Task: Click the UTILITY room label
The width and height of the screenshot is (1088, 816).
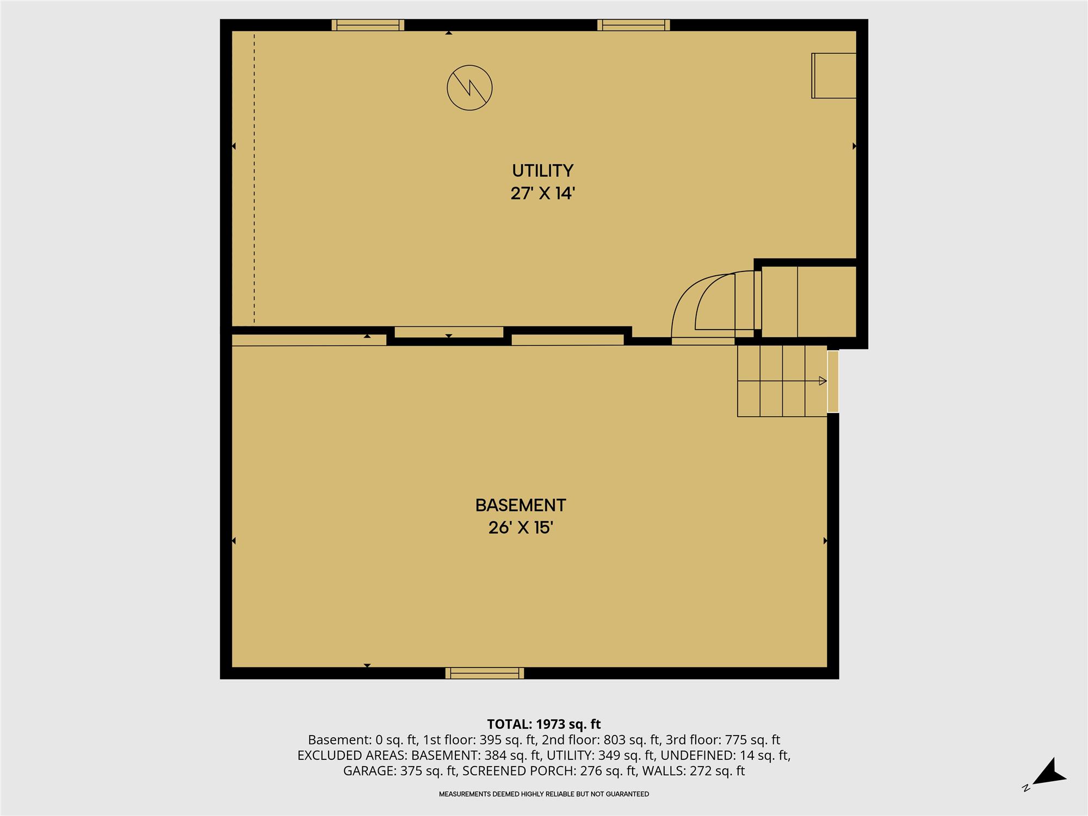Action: pyautogui.click(x=542, y=171)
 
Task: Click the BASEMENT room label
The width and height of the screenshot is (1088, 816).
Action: pyautogui.click(x=521, y=505)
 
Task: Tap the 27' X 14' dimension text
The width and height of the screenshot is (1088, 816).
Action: pyautogui.click(x=542, y=193)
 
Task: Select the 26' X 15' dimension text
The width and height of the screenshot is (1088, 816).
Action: pyautogui.click(x=521, y=528)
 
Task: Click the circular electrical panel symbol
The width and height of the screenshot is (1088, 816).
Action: pyautogui.click(x=469, y=88)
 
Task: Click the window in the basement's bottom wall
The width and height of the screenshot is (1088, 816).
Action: pyautogui.click(x=485, y=673)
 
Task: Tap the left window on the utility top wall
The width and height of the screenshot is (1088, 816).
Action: pyautogui.click(x=368, y=25)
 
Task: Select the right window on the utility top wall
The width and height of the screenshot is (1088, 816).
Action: pyautogui.click(x=634, y=25)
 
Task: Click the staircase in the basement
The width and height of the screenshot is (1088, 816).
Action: pyautogui.click(x=782, y=381)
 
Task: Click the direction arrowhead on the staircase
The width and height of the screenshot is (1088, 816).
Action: pyautogui.click(x=823, y=381)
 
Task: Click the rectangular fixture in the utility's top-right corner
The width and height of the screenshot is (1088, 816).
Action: pyautogui.click(x=834, y=76)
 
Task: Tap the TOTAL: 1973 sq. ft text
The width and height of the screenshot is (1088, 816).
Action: pyautogui.click(x=543, y=725)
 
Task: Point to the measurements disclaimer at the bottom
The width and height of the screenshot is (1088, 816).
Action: pyautogui.click(x=544, y=794)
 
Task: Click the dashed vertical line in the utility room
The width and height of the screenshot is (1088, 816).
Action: pyautogui.click(x=254, y=177)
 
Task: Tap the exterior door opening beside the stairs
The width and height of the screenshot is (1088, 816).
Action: pyautogui.click(x=833, y=381)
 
